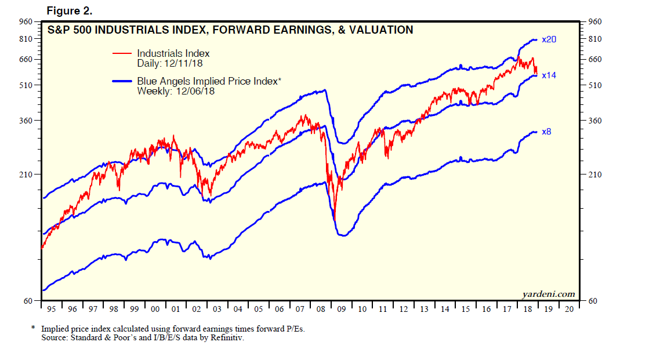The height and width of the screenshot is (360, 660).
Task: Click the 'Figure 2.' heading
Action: click(68, 10)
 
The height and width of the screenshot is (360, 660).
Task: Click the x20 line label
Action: click(549, 40)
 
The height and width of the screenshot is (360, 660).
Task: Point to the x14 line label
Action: click(549, 75)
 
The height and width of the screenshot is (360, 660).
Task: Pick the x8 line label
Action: click(546, 132)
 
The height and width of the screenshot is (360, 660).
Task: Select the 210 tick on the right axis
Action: click(596, 174)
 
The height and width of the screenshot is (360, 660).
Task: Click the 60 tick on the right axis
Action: click(593, 301)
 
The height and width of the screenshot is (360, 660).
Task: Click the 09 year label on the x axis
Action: click(342, 309)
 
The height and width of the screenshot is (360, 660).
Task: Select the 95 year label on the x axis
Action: click(51, 309)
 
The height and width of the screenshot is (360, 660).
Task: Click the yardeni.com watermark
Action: click(548, 294)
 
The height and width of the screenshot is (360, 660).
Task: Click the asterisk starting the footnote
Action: click(33, 328)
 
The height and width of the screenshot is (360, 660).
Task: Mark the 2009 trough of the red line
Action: click(335, 219)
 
